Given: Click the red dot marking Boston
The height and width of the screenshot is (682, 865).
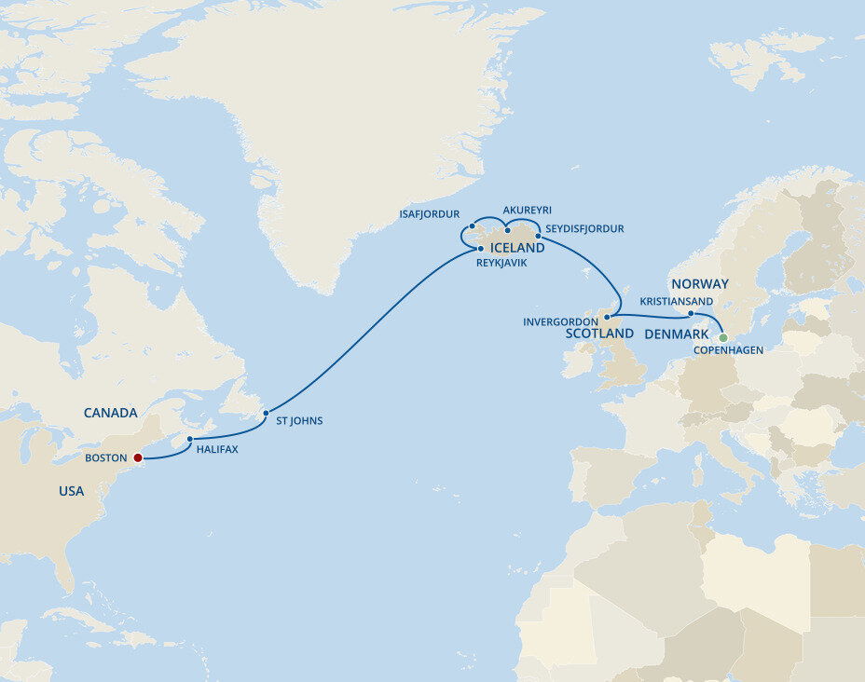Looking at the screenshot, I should (138, 457).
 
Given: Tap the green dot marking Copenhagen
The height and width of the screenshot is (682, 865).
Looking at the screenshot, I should (722, 337).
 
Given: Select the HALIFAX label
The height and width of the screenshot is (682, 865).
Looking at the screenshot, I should (217, 449).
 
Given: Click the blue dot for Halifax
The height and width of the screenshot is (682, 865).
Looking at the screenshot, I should (189, 439).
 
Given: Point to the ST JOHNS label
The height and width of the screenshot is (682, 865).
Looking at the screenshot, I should (299, 421).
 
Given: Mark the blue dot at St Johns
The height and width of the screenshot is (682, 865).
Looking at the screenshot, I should (266, 412).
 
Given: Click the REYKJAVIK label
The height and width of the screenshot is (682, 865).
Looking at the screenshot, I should (501, 264).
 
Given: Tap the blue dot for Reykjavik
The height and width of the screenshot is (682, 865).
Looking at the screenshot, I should (481, 249).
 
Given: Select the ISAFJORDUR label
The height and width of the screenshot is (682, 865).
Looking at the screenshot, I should (429, 214).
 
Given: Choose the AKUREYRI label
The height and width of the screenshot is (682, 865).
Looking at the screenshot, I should (527, 211).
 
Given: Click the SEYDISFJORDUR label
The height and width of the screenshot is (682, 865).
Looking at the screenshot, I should (584, 228).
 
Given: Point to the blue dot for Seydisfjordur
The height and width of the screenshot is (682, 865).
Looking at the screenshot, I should (538, 236).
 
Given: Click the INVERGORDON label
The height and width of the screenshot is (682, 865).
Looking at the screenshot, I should (560, 321).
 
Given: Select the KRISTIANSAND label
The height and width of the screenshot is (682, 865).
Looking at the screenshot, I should (677, 302).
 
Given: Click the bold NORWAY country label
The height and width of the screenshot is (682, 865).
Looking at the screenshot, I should (699, 283).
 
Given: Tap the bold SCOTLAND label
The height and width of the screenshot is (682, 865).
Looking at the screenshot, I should (599, 333).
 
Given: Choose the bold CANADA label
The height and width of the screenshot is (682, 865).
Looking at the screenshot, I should (110, 413).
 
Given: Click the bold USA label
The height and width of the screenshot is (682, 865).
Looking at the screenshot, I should (71, 491).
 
